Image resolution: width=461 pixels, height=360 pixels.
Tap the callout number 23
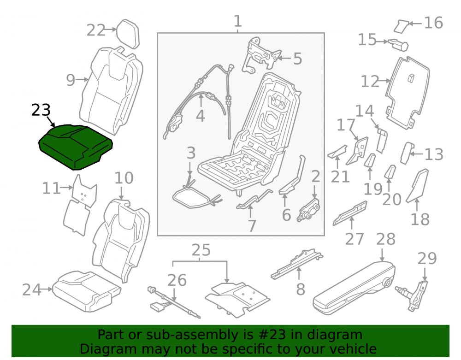pyautogui.click(x=41, y=110)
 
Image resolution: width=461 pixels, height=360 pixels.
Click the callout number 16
pyautogui.click(x=433, y=23)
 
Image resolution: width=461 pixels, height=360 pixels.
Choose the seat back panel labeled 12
pyautogui.click(x=408, y=92)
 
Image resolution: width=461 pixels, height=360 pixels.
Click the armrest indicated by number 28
pyautogui.click(x=354, y=288)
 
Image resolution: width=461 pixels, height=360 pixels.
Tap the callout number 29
pyautogui.click(x=427, y=259)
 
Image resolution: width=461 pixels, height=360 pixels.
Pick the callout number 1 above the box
pyautogui.click(x=237, y=21)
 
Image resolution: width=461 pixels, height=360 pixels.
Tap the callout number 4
pyautogui.click(x=201, y=116)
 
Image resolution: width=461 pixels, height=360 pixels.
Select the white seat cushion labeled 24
pyautogui.click(x=87, y=291)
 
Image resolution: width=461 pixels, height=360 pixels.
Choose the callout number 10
pyautogui.click(x=124, y=178)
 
